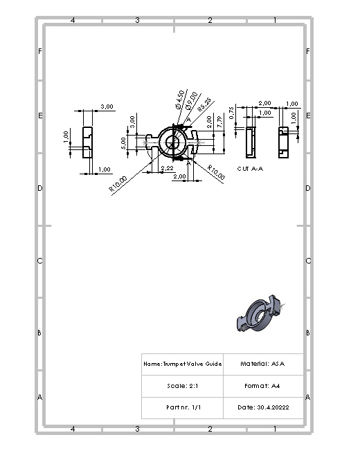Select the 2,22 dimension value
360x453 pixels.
tap(167, 168)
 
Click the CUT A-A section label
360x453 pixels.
tap(250, 168)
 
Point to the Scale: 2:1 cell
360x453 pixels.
tap(183, 386)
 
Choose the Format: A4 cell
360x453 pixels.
tap(262, 386)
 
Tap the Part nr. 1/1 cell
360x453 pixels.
tap(183, 407)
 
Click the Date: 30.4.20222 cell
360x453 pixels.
tap(262, 407)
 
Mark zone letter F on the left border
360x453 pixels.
tap(39, 51)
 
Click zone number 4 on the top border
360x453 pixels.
tap(73, 20)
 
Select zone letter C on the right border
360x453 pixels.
tap(308, 261)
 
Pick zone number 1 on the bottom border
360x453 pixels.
tap(275, 429)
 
